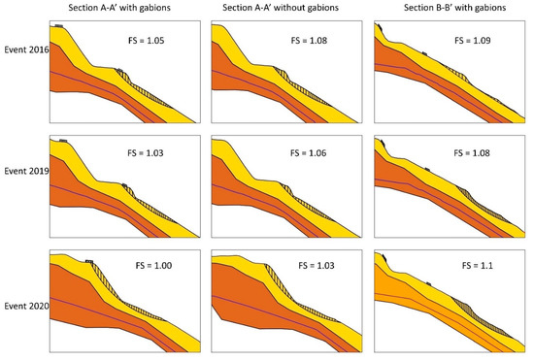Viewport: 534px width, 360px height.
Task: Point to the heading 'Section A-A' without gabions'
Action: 282,9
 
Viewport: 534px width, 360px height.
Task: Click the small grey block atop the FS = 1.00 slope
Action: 88,260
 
